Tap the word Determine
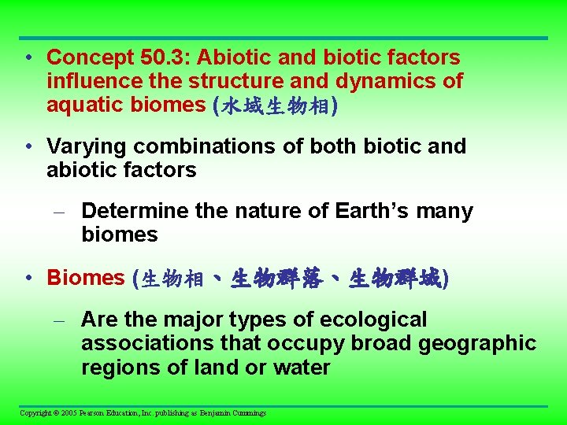click(x=126, y=211)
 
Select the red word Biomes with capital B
click(x=86, y=278)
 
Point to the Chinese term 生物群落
click(x=276, y=279)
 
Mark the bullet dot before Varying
click(x=28, y=147)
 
